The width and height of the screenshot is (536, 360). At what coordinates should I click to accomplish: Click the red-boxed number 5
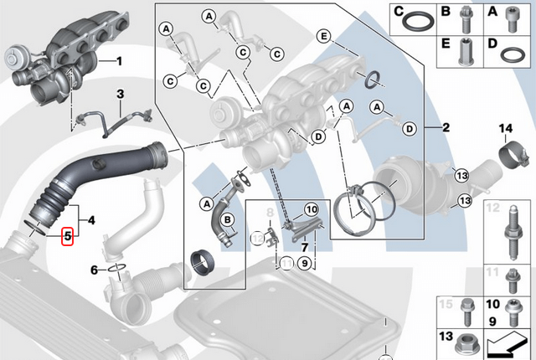click(x=67, y=237)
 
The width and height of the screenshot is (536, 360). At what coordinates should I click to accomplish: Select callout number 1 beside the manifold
click(x=119, y=61)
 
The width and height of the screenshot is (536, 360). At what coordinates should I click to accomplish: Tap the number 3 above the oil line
click(x=120, y=94)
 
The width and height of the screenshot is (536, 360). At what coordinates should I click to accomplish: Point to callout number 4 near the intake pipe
click(x=91, y=220)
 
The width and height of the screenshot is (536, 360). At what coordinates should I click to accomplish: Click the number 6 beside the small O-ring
click(x=95, y=270)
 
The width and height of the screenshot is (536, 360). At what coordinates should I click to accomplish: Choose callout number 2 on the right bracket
click(x=446, y=128)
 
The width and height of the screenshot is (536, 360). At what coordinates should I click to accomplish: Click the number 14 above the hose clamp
click(x=505, y=128)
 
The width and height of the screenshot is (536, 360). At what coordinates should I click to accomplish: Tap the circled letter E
click(x=324, y=36)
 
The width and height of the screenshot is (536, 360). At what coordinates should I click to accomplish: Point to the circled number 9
click(x=306, y=263)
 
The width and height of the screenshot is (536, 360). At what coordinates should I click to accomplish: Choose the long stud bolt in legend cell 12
click(x=509, y=231)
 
